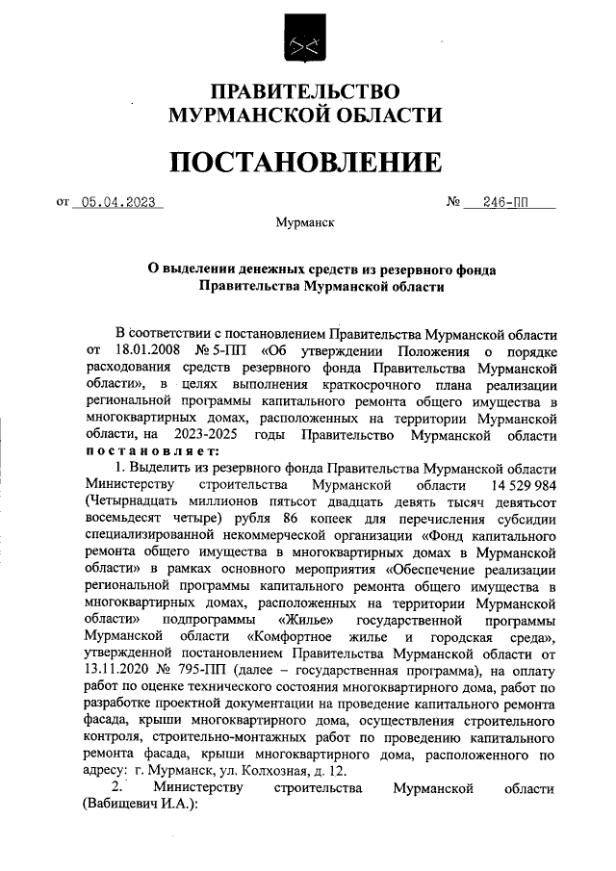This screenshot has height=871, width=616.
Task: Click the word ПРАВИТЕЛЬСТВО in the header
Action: tap(305, 92)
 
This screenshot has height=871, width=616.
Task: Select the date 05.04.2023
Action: tap(119, 203)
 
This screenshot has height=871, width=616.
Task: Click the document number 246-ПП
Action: tap(508, 203)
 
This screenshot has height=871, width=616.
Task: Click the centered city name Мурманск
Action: tap(305, 222)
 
